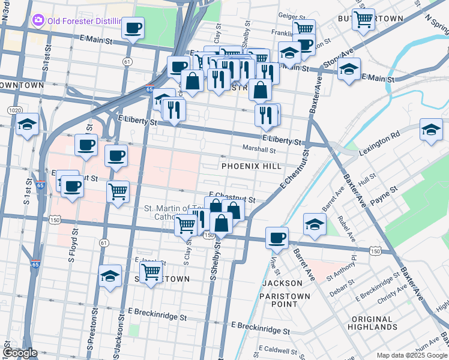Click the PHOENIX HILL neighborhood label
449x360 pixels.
tap(251, 166)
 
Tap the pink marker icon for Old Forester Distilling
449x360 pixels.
tap(39, 21)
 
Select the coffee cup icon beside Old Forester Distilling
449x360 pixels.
tap(133, 28)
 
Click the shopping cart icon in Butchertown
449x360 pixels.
tap(363, 19)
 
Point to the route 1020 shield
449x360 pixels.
tap(14, 110)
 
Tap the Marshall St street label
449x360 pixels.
tap(259, 149)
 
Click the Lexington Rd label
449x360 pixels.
tap(379, 142)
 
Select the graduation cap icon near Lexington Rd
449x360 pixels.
tap(430, 130)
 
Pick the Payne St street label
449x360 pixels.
tap(384, 193)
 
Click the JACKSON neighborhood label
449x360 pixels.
tap(282, 283)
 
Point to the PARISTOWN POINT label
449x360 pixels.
tap(285, 300)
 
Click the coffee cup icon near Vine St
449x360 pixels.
tap(277, 238)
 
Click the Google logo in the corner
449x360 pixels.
tap(20, 353)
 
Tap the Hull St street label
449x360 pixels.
tap(366, 179)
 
